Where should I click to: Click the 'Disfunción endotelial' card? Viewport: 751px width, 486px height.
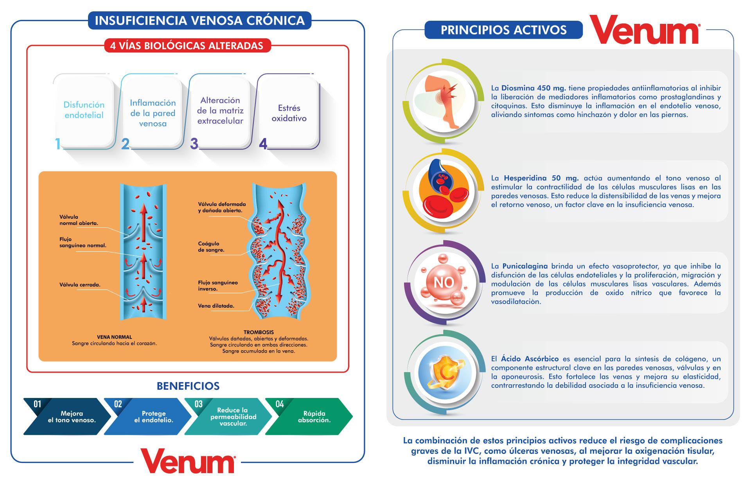click(84, 110)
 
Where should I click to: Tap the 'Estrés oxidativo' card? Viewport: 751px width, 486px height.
click(289, 113)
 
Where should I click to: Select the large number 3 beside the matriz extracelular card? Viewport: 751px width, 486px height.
click(194, 144)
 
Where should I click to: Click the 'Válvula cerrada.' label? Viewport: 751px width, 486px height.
click(80, 285)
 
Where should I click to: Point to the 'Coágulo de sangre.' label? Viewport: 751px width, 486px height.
click(211, 247)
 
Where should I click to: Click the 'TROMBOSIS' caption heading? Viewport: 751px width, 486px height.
click(259, 332)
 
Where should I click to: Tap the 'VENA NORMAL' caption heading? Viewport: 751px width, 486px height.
click(114, 337)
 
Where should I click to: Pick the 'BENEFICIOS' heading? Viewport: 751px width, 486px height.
click(188, 386)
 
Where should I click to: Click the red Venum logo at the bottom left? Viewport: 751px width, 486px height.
click(188, 461)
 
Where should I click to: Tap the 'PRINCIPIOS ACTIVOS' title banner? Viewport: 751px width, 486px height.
click(503, 30)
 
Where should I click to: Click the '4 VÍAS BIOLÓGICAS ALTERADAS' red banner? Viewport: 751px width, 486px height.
click(187, 46)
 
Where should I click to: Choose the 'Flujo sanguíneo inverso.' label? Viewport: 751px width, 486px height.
click(217, 286)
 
